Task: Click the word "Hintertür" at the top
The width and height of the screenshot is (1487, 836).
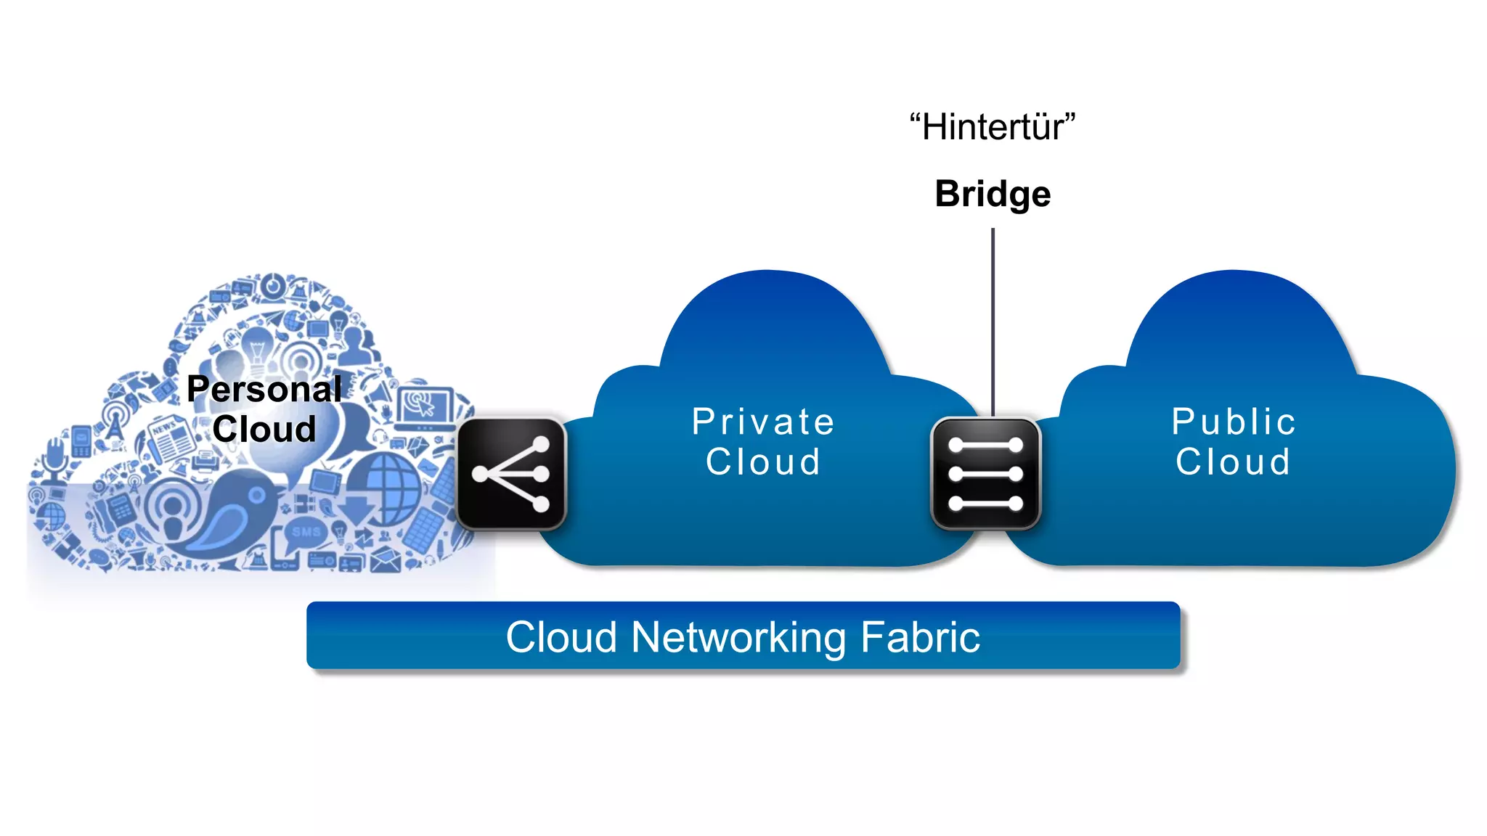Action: (x=993, y=128)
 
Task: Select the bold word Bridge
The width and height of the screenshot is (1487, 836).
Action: (x=993, y=194)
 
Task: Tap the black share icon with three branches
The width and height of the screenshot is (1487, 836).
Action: (x=511, y=474)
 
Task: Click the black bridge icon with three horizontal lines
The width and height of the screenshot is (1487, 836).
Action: (x=985, y=474)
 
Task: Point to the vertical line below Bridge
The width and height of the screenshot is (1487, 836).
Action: (x=993, y=319)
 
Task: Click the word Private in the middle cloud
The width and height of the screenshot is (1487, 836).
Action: (x=763, y=422)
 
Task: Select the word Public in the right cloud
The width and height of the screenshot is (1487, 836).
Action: (x=1234, y=422)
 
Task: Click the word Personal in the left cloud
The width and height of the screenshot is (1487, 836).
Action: (x=264, y=390)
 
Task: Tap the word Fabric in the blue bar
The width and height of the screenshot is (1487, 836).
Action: (x=920, y=637)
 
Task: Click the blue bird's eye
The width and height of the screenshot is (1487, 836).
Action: (x=257, y=496)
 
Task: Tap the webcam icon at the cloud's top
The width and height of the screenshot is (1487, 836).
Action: (x=273, y=287)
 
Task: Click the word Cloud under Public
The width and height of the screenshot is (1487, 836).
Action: (x=1234, y=462)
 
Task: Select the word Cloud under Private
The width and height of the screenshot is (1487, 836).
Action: (x=763, y=462)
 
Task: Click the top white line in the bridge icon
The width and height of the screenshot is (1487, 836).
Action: (x=985, y=445)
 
